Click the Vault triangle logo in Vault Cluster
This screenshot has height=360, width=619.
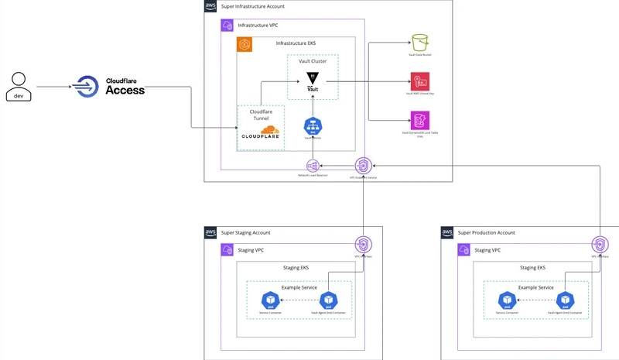313,78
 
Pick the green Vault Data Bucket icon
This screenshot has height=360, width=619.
420,43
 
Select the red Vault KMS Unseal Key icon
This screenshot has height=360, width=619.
420,81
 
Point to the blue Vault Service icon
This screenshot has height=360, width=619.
313,126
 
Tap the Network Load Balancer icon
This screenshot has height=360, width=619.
313,166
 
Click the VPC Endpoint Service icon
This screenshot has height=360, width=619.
363,165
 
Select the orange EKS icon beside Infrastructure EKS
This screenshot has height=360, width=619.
245,44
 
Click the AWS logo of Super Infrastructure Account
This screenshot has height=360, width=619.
211,6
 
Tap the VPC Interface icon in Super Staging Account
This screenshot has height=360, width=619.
363,243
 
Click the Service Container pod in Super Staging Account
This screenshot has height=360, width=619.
269,300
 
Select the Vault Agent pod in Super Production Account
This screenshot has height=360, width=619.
564,300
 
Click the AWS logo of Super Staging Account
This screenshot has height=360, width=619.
211,232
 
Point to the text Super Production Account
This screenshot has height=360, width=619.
486,232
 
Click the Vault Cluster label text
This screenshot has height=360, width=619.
313,60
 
